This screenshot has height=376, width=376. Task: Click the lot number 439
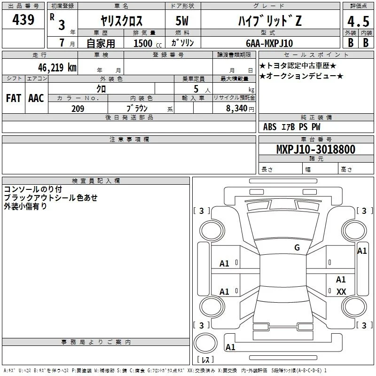coord(23,19)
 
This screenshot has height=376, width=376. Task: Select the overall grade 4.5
coord(358,21)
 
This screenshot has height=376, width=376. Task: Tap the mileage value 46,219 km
coord(57,68)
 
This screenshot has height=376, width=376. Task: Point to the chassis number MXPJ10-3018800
coord(316,149)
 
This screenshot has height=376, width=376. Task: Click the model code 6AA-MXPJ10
coord(269,43)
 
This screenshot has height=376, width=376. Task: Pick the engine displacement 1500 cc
coord(148,43)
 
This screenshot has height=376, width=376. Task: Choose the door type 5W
coord(182,21)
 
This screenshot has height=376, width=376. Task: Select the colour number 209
coord(78,109)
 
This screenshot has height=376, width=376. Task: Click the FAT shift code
coord(14,98)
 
